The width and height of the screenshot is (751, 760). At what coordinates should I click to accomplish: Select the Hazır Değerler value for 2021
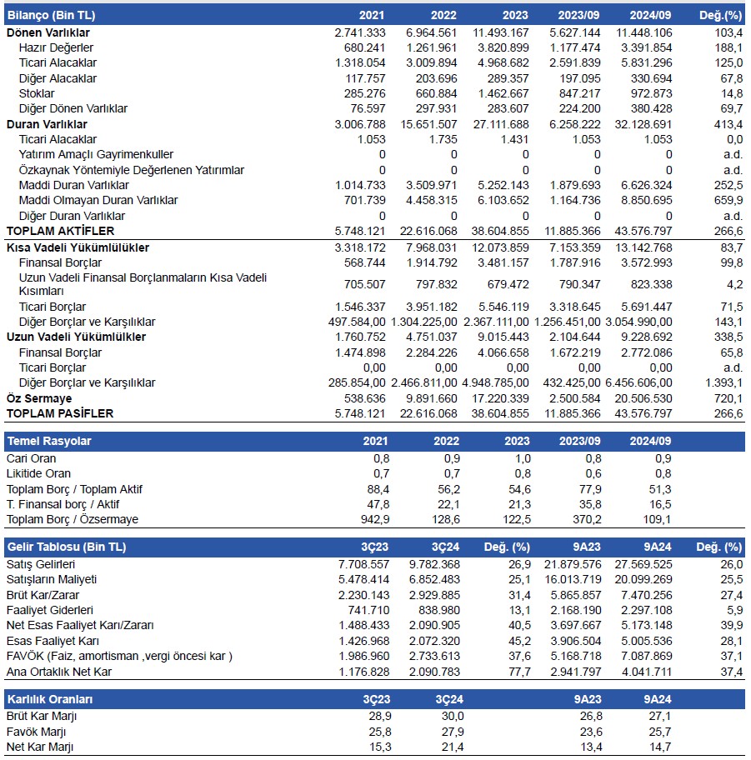coord(361,47)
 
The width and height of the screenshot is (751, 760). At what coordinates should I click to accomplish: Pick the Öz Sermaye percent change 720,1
coord(728,398)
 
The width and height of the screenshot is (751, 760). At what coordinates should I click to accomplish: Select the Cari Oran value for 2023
coord(522,458)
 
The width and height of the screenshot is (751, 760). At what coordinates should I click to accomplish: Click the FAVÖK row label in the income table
coord(119,657)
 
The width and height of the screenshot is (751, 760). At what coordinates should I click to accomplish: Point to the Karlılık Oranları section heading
coord(49,698)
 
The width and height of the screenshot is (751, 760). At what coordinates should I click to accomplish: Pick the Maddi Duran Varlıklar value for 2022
coord(433,185)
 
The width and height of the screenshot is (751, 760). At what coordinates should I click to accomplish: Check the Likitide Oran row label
coord(40,473)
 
